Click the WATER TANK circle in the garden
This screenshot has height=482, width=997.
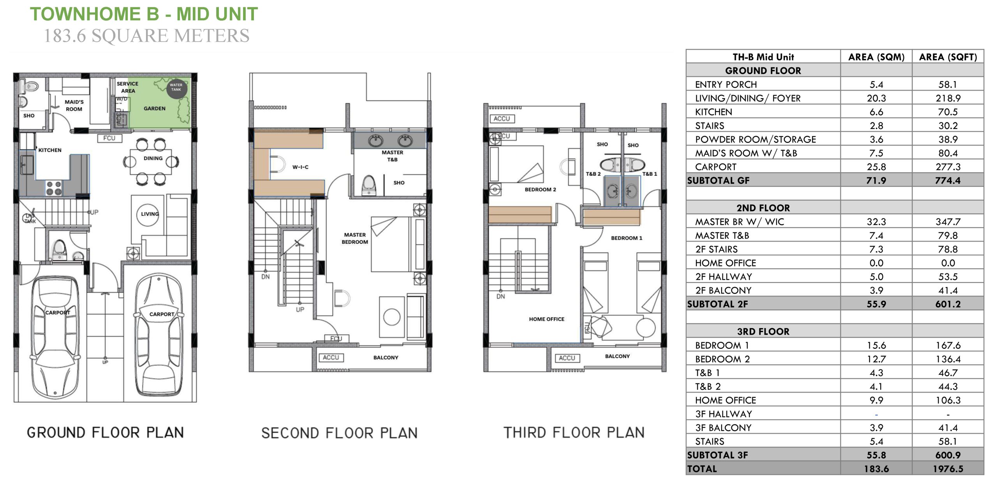click(x=177, y=88)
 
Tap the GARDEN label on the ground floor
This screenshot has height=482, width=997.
click(x=155, y=109)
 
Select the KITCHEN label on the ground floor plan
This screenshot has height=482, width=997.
click(x=50, y=150)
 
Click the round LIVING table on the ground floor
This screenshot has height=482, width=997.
click(x=148, y=214)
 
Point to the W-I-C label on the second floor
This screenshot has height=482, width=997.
click(x=300, y=167)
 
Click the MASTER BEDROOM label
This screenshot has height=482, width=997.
click(x=355, y=238)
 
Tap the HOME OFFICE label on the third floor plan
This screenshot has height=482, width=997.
click(x=546, y=319)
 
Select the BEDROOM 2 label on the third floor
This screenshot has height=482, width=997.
click(x=540, y=190)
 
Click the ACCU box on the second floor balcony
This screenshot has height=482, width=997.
click(x=331, y=358)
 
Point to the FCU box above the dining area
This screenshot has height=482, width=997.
click(x=109, y=138)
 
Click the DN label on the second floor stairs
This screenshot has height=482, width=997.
click(x=266, y=277)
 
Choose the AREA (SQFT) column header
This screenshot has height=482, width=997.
click(x=948, y=57)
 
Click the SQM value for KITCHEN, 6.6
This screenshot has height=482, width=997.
click(x=876, y=112)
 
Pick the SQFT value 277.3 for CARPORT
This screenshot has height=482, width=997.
click(x=948, y=167)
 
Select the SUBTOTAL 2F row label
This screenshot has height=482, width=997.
click(x=717, y=304)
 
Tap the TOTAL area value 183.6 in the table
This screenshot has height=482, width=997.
click(x=876, y=469)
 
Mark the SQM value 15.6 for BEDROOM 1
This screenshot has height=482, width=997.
click(x=876, y=346)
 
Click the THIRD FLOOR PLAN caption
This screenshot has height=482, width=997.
click(x=574, y=433)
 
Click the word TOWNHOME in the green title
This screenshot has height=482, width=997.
click(x=85, y=14)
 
